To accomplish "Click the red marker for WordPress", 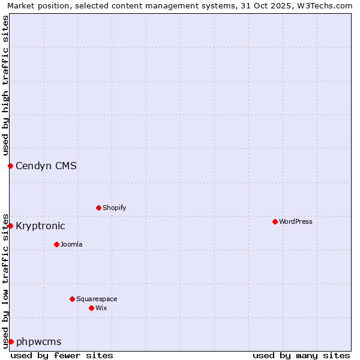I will tap(275, 221).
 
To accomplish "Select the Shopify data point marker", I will tap(98, 208).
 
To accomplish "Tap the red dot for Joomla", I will tap(56, 244).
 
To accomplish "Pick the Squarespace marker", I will tap(72, 299).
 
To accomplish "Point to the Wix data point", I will tap(91, 308).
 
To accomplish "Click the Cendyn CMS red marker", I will tap(10, 166).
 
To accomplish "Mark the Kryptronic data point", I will tap(10, 226).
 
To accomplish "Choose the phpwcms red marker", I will tap(11, 341).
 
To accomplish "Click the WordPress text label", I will tap(296, 221).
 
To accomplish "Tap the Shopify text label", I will tap(114, 208).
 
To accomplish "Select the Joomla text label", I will tap(71, 244).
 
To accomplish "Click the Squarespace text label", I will tap(97, 299).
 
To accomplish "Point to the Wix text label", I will tap(101, 308).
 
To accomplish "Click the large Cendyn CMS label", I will tap(46, 166).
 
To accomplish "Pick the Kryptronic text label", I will tap(40, 226).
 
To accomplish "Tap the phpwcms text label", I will tap(38, 341).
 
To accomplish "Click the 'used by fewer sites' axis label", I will tap(62, 355).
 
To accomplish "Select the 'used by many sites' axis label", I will tap(301, 355).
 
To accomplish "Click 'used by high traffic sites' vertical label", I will tap(5, 85).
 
